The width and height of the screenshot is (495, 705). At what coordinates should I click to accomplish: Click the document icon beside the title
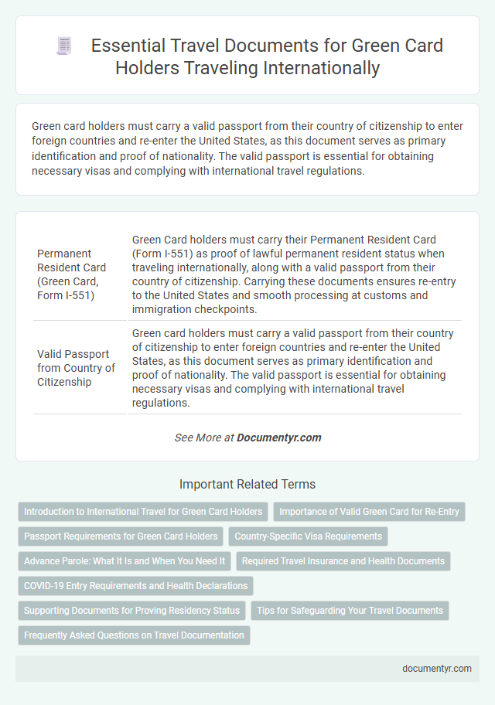pos(64,46)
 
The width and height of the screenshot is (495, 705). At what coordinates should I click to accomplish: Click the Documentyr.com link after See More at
pos(278,438)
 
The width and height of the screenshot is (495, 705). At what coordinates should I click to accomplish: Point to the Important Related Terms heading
pos(247,485)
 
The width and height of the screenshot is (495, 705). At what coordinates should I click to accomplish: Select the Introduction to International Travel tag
pos(144,512)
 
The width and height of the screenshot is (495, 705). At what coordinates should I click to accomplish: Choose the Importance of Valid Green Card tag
pos(369,512)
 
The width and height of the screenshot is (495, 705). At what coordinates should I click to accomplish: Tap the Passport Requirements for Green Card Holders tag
pos(121,536)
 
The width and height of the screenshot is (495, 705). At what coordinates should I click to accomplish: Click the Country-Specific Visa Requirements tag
pos(308,536)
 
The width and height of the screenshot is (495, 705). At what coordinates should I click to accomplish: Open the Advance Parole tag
pos(125,561)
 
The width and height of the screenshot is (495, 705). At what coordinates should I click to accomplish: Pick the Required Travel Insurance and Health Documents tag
pos(343,561)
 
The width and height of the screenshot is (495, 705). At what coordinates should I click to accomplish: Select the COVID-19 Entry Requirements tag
pos(136,586)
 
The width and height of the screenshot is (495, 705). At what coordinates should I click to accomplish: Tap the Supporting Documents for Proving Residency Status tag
pos(131,611)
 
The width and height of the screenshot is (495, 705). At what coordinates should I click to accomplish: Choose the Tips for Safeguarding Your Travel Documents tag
pos(350,611)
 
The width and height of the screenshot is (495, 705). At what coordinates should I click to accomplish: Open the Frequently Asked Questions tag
pos(134,635)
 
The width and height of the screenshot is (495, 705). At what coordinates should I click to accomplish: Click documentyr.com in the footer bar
pos(437,669)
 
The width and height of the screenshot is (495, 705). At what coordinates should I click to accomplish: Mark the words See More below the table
pos(193,438)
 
